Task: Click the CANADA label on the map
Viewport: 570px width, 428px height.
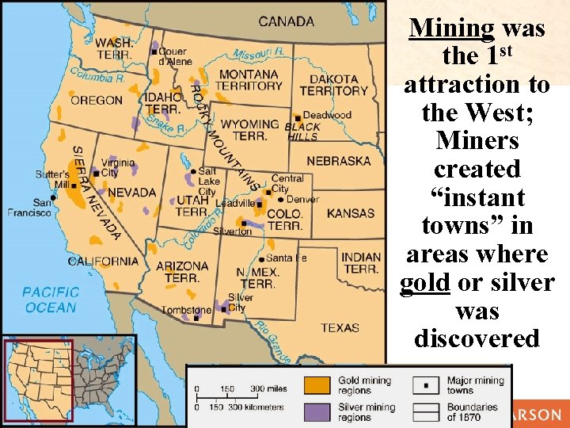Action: tap(286, 21)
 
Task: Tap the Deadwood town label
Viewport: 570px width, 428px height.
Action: tap(327, 115)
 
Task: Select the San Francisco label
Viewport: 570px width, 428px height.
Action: tap(29, 207)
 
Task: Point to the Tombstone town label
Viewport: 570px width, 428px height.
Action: tap(187, 310)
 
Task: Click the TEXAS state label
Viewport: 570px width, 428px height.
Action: tap(340, 327)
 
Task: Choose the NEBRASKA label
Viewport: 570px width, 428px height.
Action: tap(338, 161)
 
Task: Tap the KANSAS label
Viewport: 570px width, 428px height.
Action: tap(350, 213)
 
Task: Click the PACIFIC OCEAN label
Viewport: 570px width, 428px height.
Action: tap(50, 299)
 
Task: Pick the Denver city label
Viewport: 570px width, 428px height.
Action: tap(302, 199)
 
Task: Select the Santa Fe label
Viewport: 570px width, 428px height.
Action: tap(287, 258)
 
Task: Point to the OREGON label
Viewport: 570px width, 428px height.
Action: tap(97, 100)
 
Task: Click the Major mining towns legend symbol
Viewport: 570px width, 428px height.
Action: tap(426, 385)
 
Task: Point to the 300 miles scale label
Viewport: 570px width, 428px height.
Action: tap(268, 388)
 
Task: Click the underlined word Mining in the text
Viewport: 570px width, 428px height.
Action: tap(452, 29)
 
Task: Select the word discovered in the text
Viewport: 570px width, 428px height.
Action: tap(477, 338)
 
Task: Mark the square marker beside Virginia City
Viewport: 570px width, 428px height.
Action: tap(97, 172)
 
